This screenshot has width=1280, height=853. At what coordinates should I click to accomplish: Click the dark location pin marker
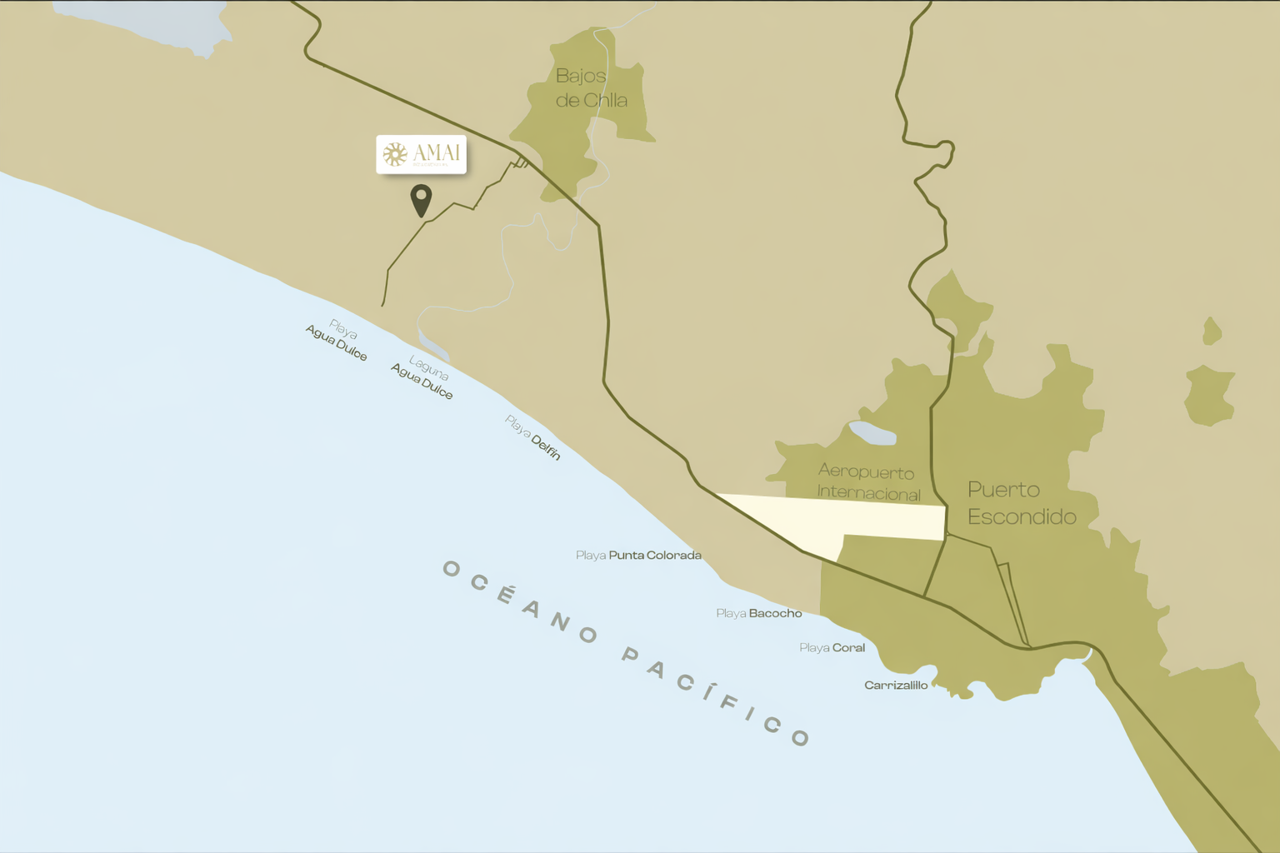point(421,200)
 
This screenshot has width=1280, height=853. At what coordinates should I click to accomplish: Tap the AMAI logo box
point(421,154)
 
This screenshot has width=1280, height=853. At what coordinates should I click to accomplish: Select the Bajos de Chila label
point(591,88)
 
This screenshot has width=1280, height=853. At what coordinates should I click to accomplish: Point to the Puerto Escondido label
point(1021,503)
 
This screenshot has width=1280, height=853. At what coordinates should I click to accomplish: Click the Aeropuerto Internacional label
point(867,482)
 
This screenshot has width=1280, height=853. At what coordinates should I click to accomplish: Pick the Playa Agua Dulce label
point(337,340)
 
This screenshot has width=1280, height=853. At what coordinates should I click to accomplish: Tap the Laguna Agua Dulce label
point(424,376)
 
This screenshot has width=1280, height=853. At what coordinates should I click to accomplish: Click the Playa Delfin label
point(532,437)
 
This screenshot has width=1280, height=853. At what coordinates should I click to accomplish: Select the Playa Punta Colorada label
point(638,555)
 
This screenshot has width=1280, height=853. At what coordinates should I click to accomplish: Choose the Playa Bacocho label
point(758,613)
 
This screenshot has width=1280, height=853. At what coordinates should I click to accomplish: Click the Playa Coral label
point(832,647)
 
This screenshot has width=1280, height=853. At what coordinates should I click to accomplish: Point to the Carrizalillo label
point(896,685)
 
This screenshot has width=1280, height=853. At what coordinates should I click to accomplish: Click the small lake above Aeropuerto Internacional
point(872,433)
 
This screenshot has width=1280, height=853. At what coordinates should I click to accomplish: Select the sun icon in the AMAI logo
point(395,154)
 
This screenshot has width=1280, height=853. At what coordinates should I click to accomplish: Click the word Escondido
point(1022,517)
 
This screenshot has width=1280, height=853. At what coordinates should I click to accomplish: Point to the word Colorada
point(673,555)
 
